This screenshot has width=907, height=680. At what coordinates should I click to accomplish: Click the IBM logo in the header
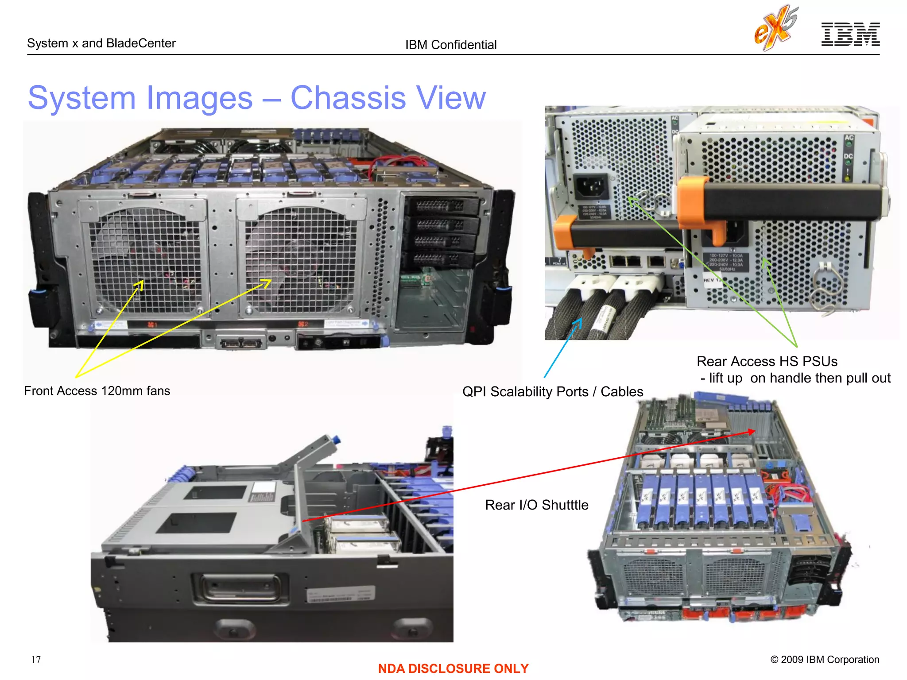pyautogui.click(x=850, y=34)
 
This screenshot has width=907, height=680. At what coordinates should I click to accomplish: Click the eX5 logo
pyautogui.click(x=776, y=27)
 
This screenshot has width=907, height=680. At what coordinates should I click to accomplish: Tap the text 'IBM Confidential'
pyautogui.click(x=451, y=45)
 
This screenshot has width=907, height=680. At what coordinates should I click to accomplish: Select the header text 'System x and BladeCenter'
pyautogui.click(x=101, y=43)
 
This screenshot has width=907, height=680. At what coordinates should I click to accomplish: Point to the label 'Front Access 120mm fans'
pyautogui.click(x=97, y=391)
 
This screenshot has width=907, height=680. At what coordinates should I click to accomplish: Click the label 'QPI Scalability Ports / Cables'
pyautogui.click(x=552, y=392)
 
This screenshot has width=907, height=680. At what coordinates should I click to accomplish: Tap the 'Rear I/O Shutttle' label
pyautogui.click(x=536, y=505)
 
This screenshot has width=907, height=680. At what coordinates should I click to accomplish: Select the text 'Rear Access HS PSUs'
pyautogui.click(x=767, y=362)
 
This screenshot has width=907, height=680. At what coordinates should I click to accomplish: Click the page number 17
pyautogui.click(x=36, y=660)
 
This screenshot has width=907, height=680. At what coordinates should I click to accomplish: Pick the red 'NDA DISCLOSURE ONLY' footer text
pyautogui.click(x=453, y=668)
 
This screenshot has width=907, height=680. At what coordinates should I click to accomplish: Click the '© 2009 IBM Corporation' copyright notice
pyautogui.click(x=825, y=660)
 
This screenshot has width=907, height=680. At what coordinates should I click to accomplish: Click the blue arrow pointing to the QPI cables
pyautogui.click(x=562, y=348)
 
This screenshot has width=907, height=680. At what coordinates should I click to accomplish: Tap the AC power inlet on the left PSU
pyautogui.click(x=591, y=186)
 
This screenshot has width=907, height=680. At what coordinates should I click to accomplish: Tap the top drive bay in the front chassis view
pyautogui.click(x=441, y=205)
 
